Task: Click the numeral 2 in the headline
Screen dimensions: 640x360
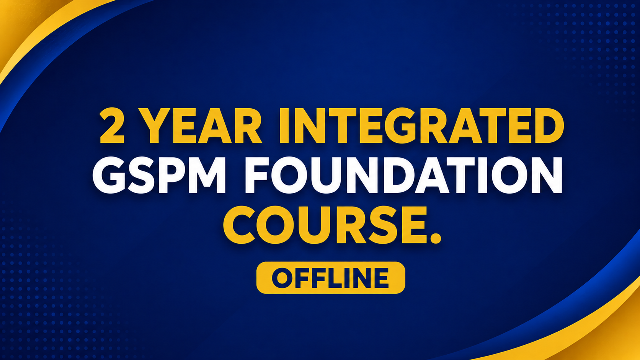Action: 112,125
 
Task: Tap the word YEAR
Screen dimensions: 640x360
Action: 200,125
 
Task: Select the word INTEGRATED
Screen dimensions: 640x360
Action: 422,125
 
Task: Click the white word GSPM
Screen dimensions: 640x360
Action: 160,175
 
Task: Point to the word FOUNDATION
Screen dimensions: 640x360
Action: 404,175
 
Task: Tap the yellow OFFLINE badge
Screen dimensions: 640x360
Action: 331,277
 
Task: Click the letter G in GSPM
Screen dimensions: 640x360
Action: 109,175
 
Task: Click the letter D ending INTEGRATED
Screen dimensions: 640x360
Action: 549,125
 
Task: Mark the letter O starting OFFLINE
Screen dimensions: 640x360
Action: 282,278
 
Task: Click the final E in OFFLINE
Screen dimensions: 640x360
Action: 381,278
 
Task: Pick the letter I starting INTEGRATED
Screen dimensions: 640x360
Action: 284,125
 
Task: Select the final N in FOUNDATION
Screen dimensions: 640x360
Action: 546,175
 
